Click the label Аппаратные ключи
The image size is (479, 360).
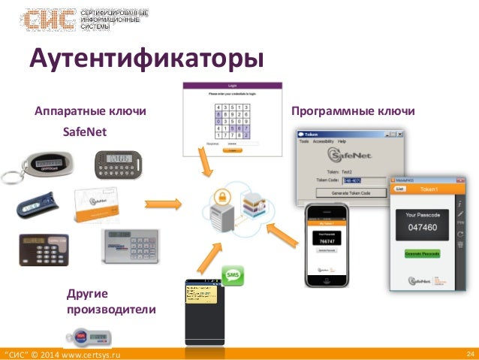click(x=90, y=112)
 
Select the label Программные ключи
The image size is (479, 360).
click(x=352, y=111)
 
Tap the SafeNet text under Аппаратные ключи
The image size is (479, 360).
click(x=85, y=132)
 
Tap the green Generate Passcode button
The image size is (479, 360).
click(x=422, y=253)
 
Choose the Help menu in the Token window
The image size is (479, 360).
click(x=342, y=141)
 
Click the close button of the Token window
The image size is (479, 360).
click(x=399, y=133)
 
